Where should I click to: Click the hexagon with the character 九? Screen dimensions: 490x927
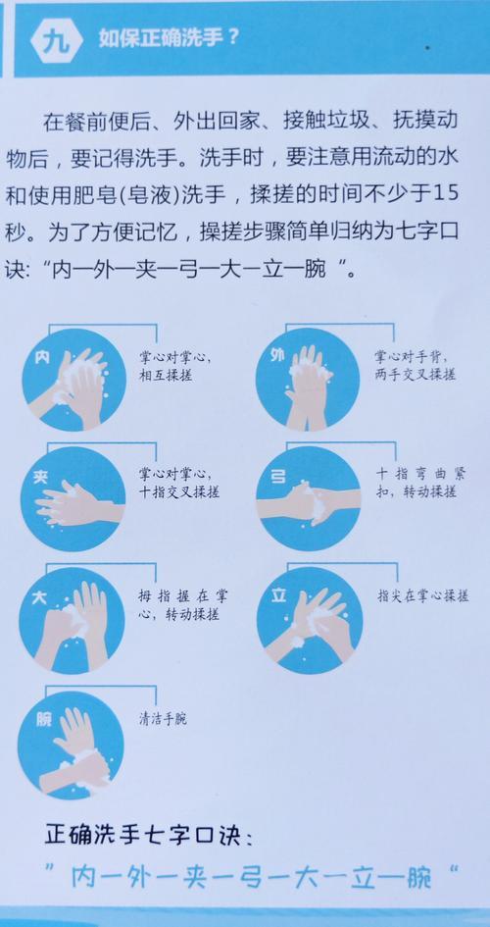pyautogui.click(x=57, y=40)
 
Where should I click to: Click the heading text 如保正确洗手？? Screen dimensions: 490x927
pyautogui.click(x=168, y=39)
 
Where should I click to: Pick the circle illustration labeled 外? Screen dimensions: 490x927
pyautogui.click(x=308, y=379)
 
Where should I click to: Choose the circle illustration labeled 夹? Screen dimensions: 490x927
pyautogui.click(x=73, y=499)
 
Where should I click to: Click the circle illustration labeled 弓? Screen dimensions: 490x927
pyautogui.click(x=308, y=498)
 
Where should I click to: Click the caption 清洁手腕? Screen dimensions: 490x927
pyautogui.click(x=163, y=719)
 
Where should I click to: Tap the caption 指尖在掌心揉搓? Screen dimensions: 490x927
pyautogui.click(x=423, y=596)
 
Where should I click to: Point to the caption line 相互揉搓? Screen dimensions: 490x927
pyautogui.click(x=166, y=375)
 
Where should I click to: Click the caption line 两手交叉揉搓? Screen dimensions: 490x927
pyautogui.click(x=415, y=374)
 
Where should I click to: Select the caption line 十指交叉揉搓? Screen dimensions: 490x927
pyautogui.click(x=179, y=491)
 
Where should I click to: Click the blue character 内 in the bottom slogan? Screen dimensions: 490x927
pyautogui.click(x=84, y=877)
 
